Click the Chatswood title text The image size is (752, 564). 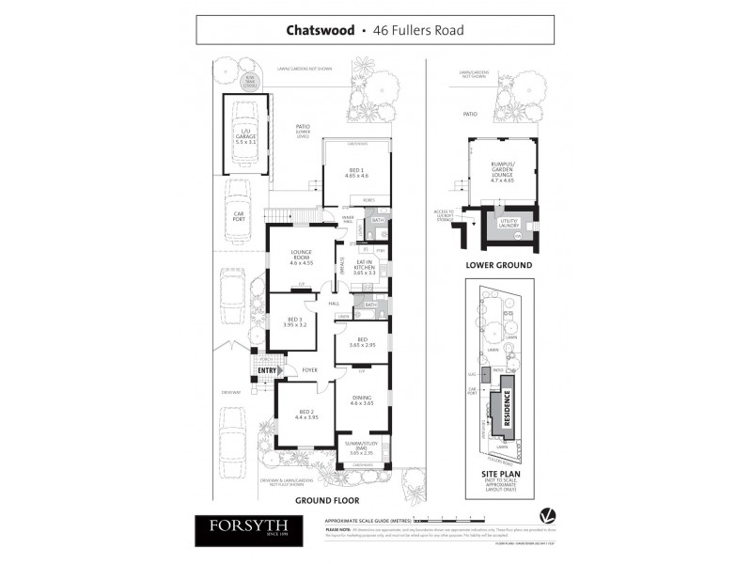click(319, 30)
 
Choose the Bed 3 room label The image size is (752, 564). click(295, 322)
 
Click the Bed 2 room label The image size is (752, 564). click(306, 414)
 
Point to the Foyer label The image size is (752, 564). click(310, 370)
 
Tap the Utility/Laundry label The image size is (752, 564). click(509, 224)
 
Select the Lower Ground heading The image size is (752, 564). click(498, 265)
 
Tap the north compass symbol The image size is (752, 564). click(546, 516)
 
